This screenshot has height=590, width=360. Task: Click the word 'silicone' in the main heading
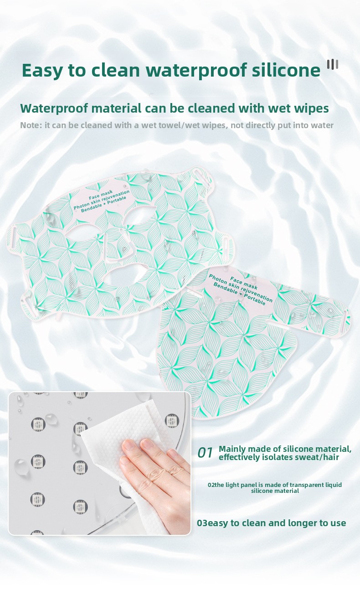286,70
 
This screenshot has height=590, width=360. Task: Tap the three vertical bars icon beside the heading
333,65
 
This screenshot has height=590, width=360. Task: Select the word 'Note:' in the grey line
31,125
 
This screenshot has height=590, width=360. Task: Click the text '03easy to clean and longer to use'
271,523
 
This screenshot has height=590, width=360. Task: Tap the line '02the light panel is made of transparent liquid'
275,485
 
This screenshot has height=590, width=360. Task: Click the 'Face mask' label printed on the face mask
101,195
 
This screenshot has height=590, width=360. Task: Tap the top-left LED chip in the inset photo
38,424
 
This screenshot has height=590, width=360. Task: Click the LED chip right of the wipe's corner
172,420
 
